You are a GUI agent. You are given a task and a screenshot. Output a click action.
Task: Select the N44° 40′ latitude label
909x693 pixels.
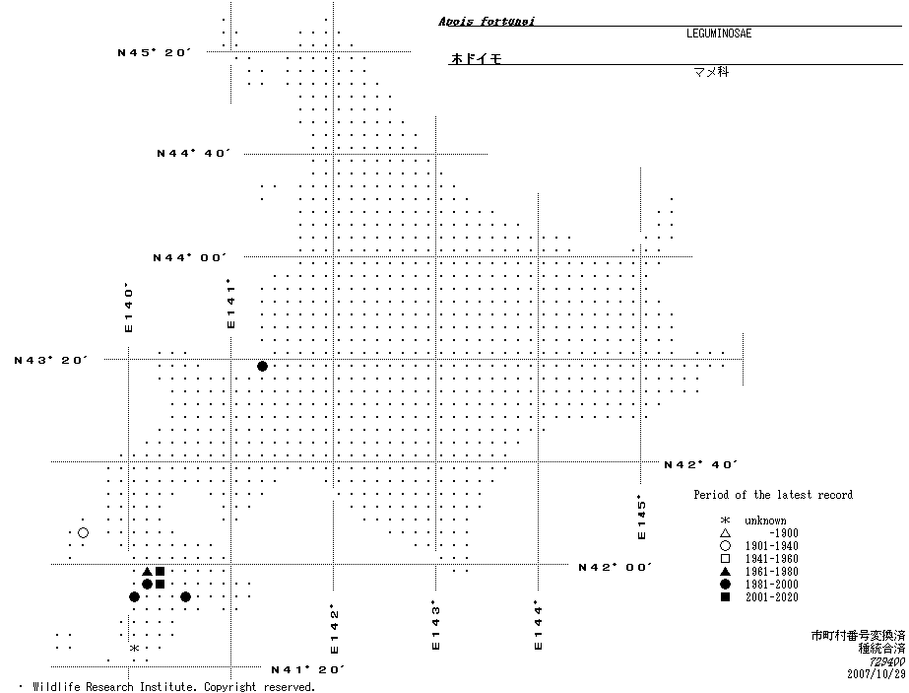193,154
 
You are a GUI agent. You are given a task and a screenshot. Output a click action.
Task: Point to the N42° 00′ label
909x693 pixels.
616,567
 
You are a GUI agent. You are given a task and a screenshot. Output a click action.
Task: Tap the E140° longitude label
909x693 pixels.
128,309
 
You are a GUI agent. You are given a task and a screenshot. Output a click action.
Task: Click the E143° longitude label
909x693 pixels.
435,626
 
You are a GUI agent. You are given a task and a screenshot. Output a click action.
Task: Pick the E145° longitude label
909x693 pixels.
642,517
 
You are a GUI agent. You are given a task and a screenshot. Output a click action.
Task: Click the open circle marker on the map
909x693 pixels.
83,533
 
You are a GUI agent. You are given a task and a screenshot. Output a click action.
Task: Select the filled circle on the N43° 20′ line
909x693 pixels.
262,367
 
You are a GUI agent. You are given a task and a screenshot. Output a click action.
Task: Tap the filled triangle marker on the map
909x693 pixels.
147,572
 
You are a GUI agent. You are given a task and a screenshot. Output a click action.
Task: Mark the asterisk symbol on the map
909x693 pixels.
134,648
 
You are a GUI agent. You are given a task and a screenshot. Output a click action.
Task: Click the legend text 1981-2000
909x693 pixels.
771,585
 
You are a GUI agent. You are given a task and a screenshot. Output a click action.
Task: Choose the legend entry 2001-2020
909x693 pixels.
771,597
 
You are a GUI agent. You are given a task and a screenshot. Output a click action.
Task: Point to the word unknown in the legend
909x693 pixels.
765,520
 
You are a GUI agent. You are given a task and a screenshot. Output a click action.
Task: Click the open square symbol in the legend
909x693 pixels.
725,559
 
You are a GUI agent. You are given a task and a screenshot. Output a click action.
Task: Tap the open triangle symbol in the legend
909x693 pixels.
725,533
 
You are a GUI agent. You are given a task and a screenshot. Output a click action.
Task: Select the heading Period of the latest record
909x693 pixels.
773,495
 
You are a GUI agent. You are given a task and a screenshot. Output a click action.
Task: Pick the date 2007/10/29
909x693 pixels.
876,674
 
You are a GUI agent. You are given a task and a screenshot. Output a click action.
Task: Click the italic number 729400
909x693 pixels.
884,661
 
